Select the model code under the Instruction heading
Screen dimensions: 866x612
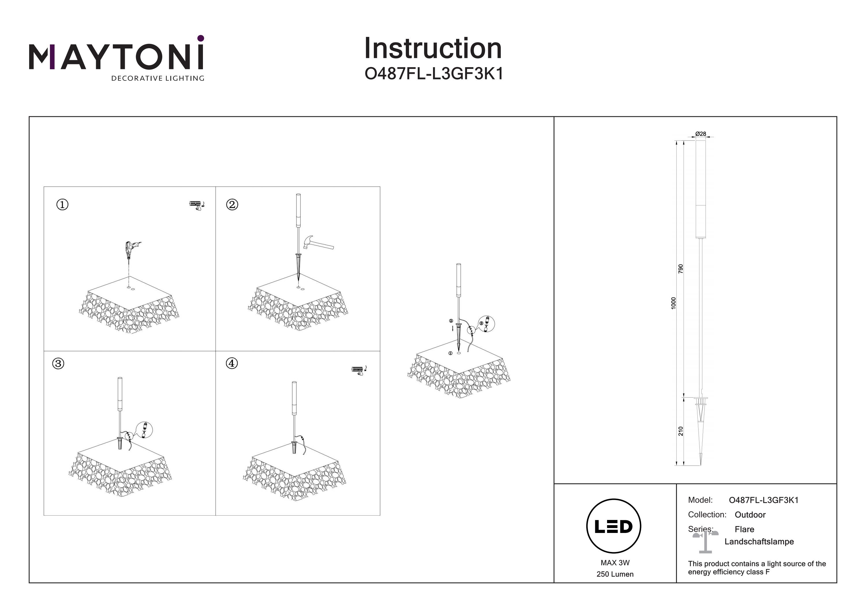[x=434, y=74]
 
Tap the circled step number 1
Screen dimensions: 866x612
[x=62, y=205]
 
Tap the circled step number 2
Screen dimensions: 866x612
[x=232, y=205]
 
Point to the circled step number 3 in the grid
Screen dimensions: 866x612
[x=58, y=364]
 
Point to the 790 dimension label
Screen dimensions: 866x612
[x=681, y=268]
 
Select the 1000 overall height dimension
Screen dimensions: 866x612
[x=674, y=303]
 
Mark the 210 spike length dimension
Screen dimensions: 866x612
[x=681, y=431]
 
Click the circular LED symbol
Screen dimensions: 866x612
[x=614, y=526]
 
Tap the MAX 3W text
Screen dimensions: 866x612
[x=615, y=563]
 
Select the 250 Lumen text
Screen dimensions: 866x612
[x=615, y=574]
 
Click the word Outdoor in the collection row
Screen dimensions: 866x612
[x=750, y=515]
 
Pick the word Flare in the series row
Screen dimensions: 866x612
[x=744, y=529]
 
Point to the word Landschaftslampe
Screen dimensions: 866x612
[x=759, y=542]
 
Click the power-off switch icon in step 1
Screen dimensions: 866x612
[x=197, y=205]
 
